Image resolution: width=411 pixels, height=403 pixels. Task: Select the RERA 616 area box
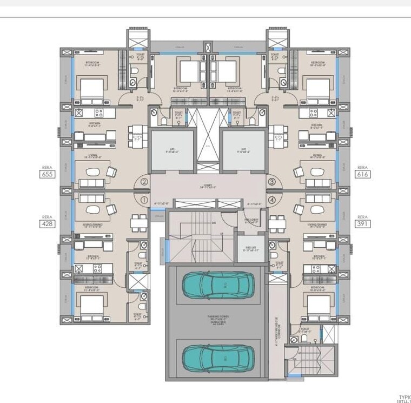362,174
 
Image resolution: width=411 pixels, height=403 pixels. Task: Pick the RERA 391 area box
362,223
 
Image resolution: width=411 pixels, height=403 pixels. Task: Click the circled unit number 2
144,182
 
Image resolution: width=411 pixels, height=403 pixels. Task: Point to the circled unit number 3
271,182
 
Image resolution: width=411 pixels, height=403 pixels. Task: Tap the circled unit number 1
144,200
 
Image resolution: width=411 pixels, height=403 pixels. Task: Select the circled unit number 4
271,200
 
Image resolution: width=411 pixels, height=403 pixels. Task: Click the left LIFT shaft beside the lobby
172,150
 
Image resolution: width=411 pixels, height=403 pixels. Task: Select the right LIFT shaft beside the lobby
244,150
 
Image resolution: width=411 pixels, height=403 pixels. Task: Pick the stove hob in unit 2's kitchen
99,113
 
